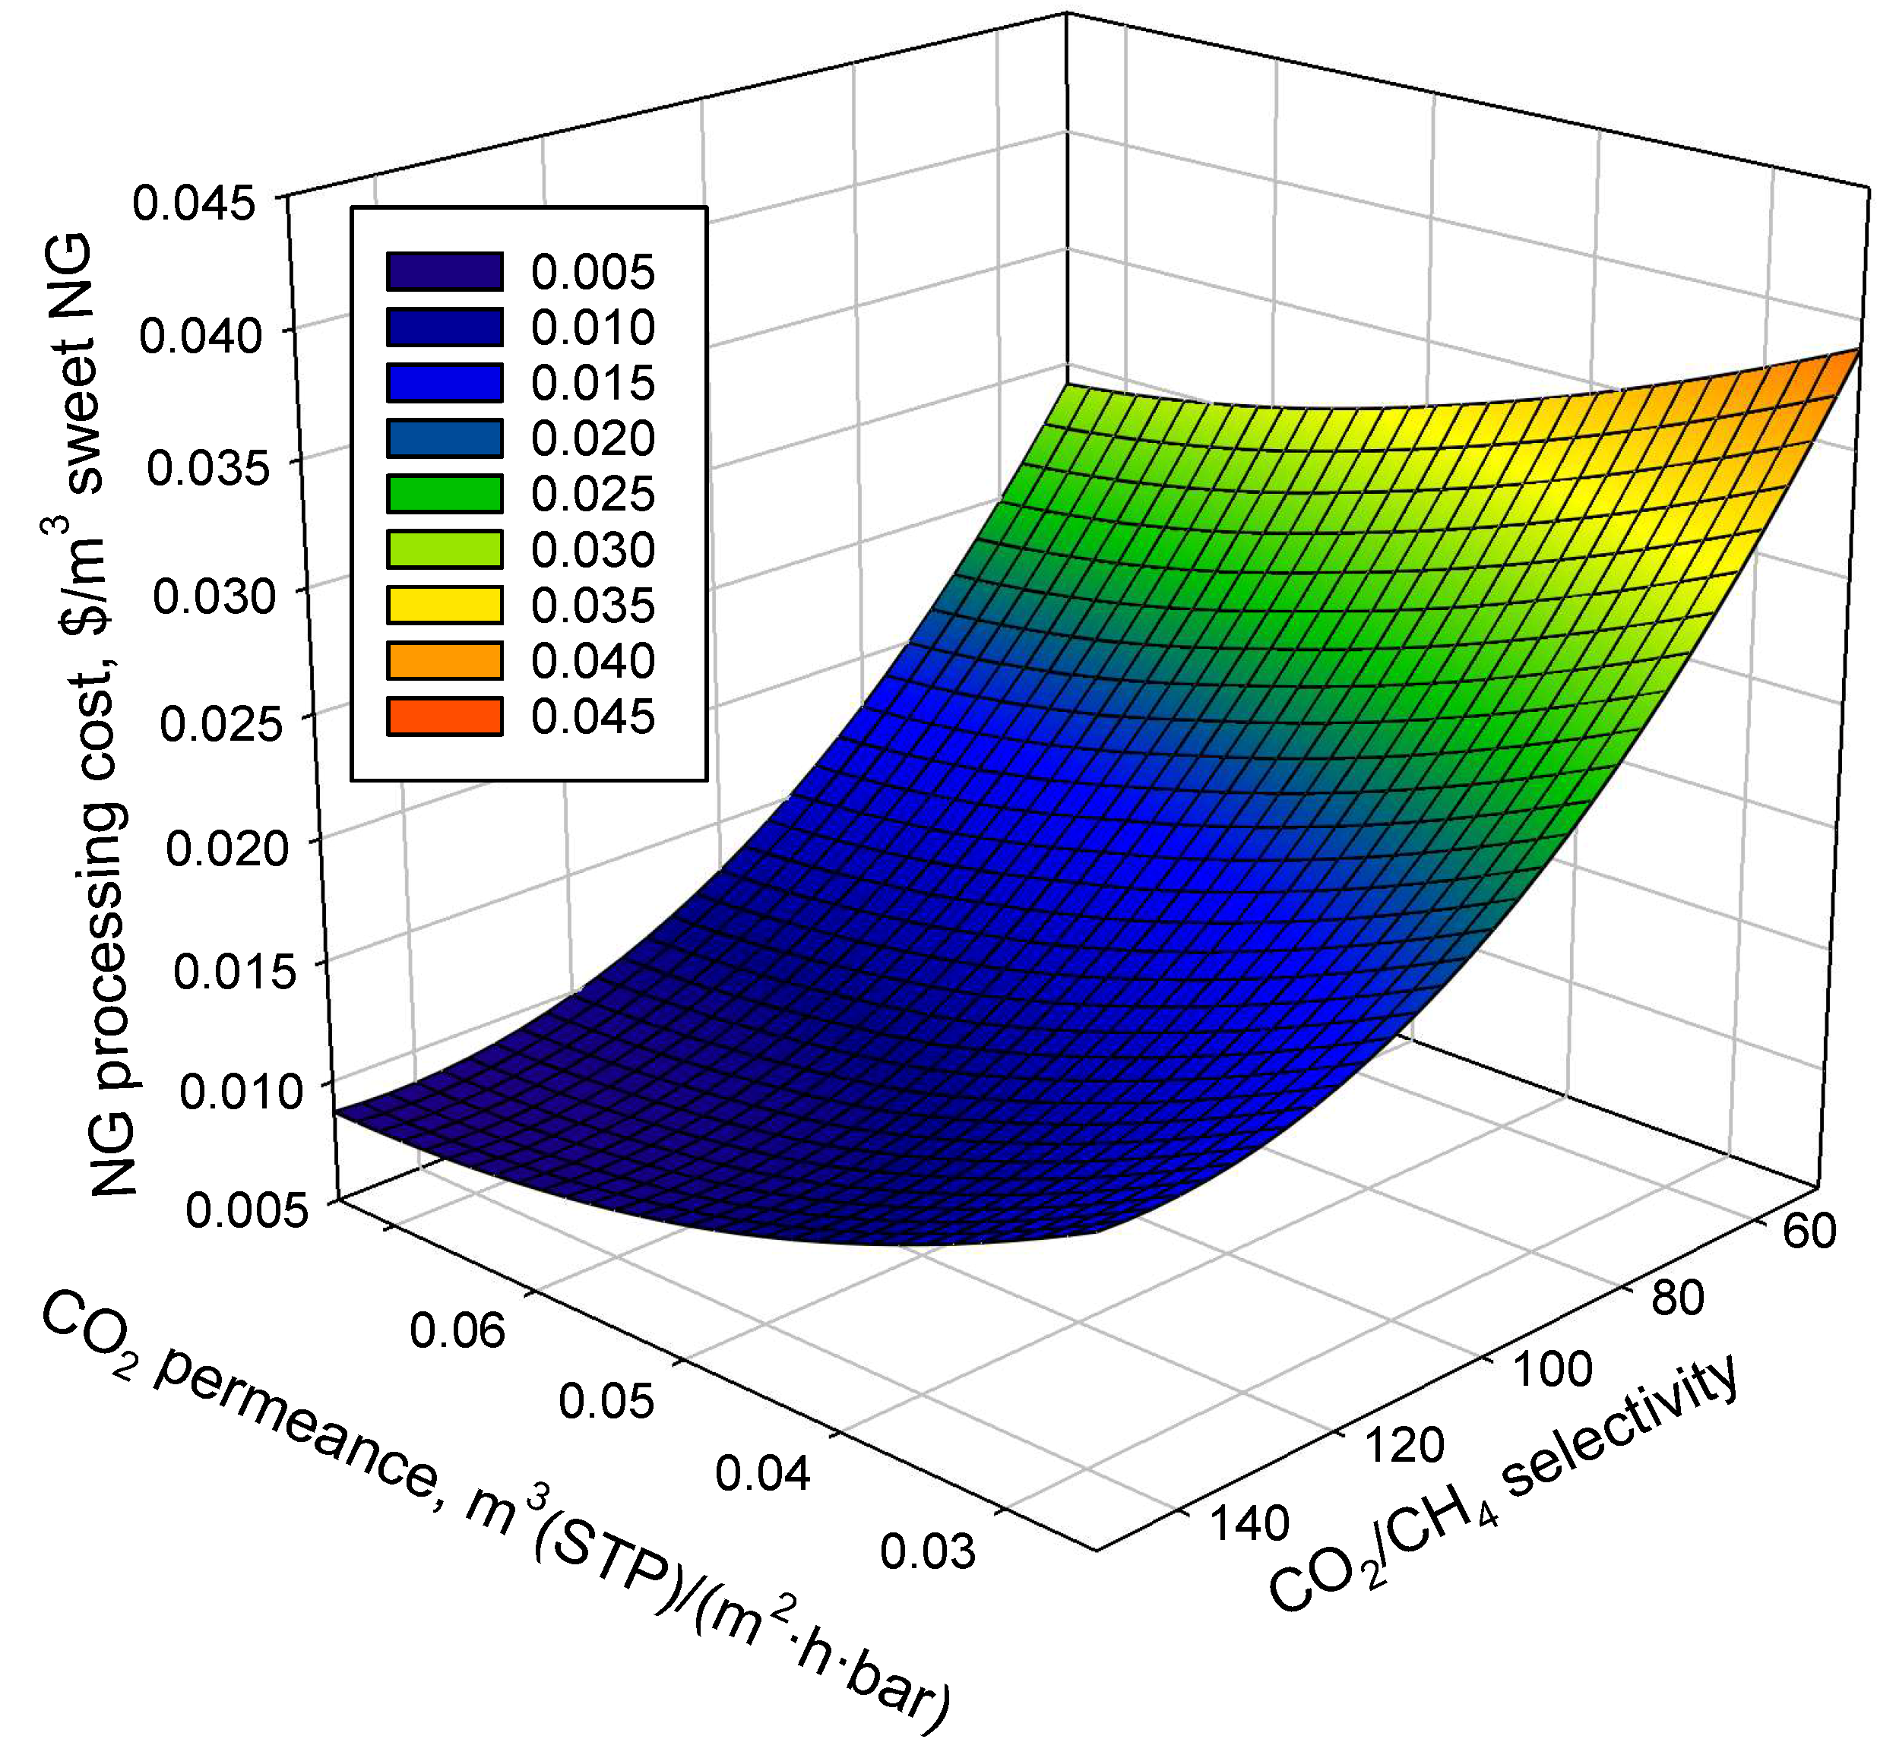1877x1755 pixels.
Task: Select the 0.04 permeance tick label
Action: [762, 1474]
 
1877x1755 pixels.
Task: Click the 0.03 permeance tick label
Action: [927, 1552]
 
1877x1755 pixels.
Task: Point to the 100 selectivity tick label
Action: [1553, 1370]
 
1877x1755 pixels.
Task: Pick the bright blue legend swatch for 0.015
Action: [444, 382]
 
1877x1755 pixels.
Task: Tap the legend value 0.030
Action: [592, 550]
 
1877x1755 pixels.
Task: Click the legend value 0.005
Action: [592, 272]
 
